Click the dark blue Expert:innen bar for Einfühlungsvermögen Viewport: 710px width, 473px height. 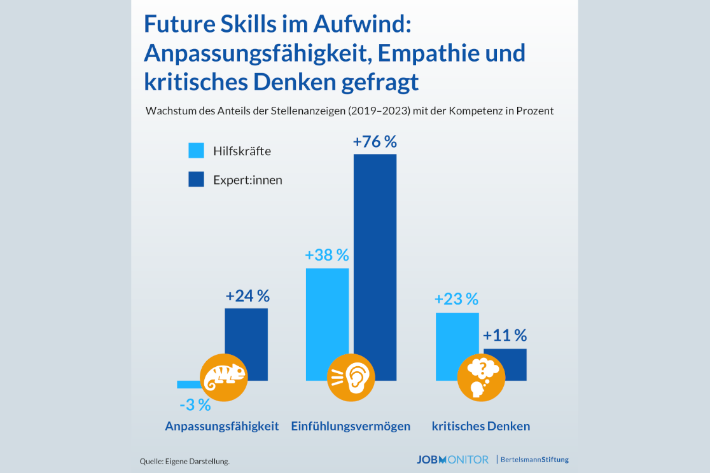[x=375, y=254]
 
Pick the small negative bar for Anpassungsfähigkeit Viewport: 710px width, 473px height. [x=188, y=384]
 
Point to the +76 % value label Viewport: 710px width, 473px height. [x=375, y=142]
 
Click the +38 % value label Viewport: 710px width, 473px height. [x=327, y=256]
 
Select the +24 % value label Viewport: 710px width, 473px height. [x=247, y=296]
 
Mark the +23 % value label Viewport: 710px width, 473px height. [x=456, y=299]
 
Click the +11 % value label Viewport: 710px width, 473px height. [x=505, y=336]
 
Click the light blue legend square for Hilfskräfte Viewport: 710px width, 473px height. [x=197, y=151]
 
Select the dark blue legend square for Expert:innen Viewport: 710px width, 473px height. [x=197, y=179]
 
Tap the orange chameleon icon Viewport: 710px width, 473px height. [x=223, y=378]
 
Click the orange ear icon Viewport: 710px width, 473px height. [x=351, y=378]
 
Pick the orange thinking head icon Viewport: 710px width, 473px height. [x=481, y=378]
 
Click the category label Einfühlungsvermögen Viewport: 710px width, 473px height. [x=351, y=426]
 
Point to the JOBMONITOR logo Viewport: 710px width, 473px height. [x=453, y=460]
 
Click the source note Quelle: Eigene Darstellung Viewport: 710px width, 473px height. [x=184, y=461]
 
